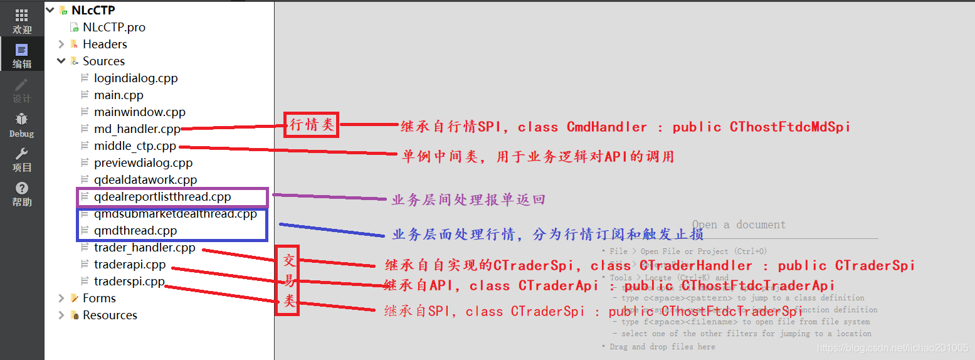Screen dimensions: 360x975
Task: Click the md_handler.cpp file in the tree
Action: pos(137,129)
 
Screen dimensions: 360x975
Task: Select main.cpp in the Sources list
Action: pos(119,95)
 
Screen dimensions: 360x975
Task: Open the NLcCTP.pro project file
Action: pos(113,28)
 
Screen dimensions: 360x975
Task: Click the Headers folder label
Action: pos(105,45)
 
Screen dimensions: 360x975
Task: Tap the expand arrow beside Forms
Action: pos(61,299)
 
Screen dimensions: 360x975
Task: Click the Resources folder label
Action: pos(110,315)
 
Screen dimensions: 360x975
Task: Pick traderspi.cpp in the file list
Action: pos(129,282)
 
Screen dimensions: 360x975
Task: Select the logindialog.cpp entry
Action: pos(135,78)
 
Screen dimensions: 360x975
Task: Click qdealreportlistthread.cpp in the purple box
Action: pos(162,197)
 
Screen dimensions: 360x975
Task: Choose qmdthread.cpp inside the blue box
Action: pos(135,231)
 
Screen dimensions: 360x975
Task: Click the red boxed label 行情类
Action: pos(311,125)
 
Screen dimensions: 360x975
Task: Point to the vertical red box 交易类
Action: pos(288,280)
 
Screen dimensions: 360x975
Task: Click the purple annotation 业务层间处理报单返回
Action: pos(468,200)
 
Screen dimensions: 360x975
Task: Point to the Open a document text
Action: pos(739,225)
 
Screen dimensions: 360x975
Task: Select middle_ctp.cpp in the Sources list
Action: pos(135,146)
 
